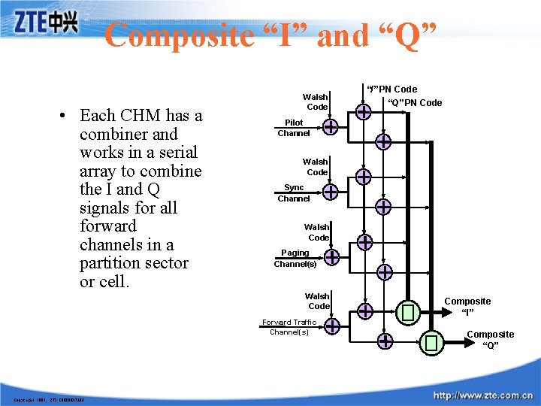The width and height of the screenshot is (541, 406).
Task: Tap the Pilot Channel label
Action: [294, 128]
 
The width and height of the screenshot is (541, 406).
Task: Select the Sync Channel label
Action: [294, 193]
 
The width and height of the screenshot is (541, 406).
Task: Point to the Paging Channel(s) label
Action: [295, 259]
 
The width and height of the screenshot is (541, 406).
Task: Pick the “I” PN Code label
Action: [392, 89]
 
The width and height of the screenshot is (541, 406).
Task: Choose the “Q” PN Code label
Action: [415, 103]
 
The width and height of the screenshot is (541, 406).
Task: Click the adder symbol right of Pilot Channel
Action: [331, 127]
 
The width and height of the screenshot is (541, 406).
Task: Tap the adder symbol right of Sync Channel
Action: [331, 192]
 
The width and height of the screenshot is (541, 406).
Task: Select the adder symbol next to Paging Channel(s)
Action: [331, 258]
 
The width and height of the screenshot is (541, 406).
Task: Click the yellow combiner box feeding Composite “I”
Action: [408, 311]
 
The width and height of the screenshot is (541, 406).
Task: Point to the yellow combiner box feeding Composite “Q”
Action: [431, 344]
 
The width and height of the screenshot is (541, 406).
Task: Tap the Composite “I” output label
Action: [467, 306]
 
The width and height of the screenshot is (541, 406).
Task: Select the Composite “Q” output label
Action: [491, 339]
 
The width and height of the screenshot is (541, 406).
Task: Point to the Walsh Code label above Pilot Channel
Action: [316, 101]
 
